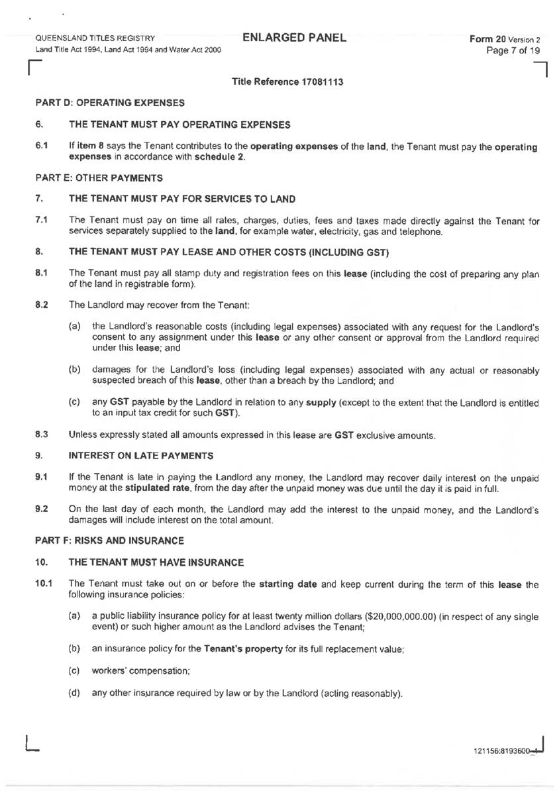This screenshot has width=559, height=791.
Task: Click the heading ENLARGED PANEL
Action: tap(295, 38)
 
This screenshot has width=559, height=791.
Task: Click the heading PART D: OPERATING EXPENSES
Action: tap(109, 103)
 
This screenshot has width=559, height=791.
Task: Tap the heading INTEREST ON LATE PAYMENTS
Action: tap(141, 456)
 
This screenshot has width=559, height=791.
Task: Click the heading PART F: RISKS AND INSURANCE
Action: tap(109, 541)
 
